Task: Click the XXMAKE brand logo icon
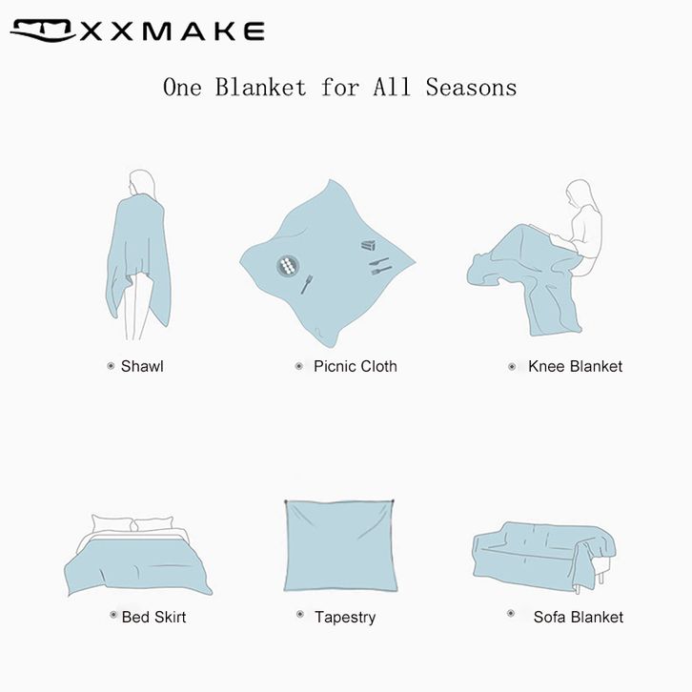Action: pyautogui.click(x=43, y=31)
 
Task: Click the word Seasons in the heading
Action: pyautogui.click(x=471, y=87)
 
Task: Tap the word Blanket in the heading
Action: pyautogui.click(x=260, y=87)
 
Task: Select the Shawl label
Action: pyautogui.click(x=142, y=366)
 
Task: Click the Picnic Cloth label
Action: pyautogui.click(x=356, y=366)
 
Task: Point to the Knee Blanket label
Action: pyautogui.click(x=575, y=366)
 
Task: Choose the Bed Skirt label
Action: pyautogui.click(x=153, y=617)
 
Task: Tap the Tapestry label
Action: pyautogui.click(x=345, y=618)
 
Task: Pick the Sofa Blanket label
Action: pyautogui.click(x=579, y=617)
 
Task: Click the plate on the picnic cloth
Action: pyautogui.click(x=288, y=266)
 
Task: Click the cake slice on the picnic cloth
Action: pyautogui.click(x=369, y=245)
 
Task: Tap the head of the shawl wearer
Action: pyautogui.click(x=142, y=182)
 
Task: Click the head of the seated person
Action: pyautogui.click(x=579, y=193)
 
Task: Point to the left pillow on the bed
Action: pyautogui.click(x=112, y=524)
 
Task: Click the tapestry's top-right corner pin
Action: pyautogui.click(x=393, y=501)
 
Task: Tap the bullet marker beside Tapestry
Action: pyautogui.click(x=300, y=614)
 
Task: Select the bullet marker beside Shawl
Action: pyautogui.click(x=111, y=366)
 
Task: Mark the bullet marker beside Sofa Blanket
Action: pyautogui.click(x=511, y=613)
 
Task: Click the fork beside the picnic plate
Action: pyautogui.click(x=307, y=285)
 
